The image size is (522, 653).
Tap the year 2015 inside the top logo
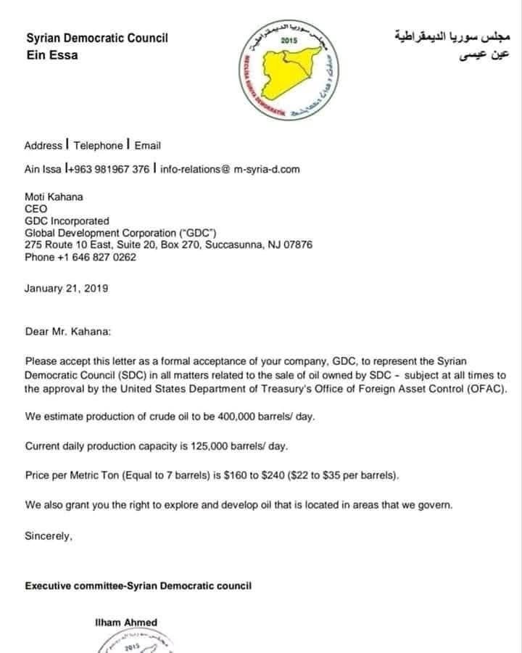tap(289, 41)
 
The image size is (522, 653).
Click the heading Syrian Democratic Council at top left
tap(96, 38)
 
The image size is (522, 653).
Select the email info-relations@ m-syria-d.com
tap(230, 169)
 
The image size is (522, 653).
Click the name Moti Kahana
tap(54, 197)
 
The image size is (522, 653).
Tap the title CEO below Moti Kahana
tap(36, 209)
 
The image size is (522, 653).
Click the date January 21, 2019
tap(67, 288)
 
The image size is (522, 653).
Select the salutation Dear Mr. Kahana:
tap(69, 332)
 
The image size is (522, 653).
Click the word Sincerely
tap(49, 537)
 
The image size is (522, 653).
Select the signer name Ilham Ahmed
tap(126, 622)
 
